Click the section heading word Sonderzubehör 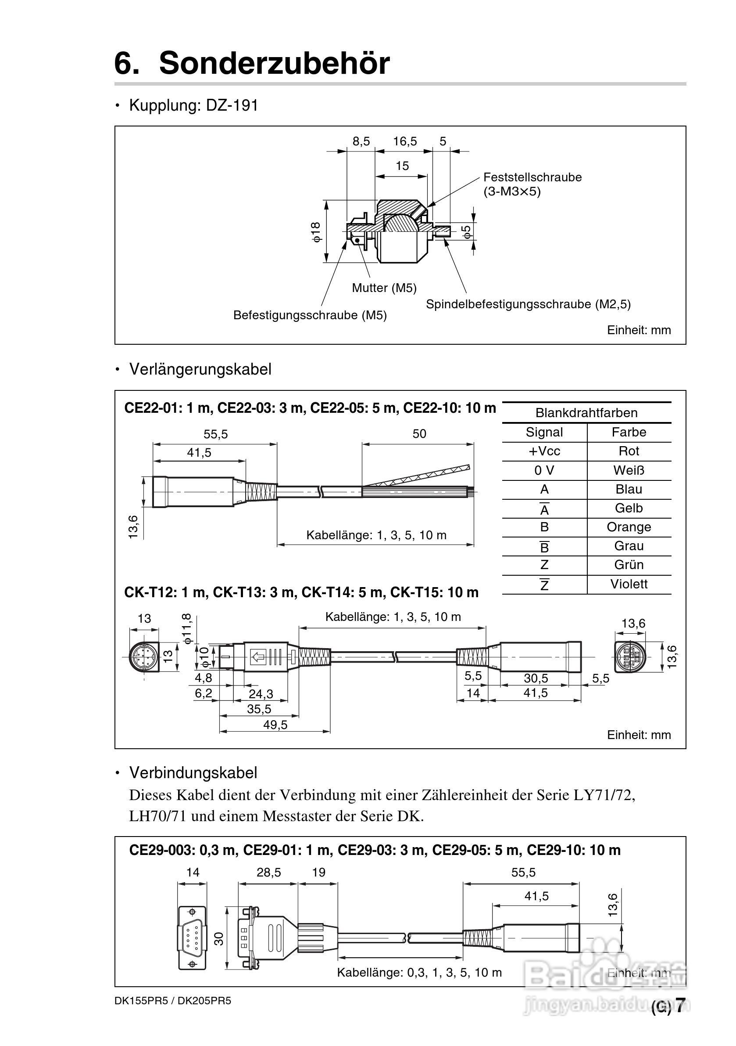[x=274, y=63]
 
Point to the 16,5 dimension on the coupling [x=405, y=141]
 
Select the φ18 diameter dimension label [x=316, y=232]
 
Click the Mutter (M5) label [x=384, y=288]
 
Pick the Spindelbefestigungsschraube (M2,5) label [x=528, y=304]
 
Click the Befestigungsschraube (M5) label [x=310, y=315]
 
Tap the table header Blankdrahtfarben [x=586, y=413]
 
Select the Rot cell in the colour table [x=629, y=451]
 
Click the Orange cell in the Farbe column [x=629, y=527]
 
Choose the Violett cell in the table [x=629, y=584]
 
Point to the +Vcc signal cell [x=544, y=451]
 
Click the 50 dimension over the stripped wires [x=419, y=434]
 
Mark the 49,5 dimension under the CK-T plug [x=275, y=725]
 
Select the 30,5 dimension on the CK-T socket [x=536, y=678]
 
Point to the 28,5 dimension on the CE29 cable [x=268, y=873]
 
